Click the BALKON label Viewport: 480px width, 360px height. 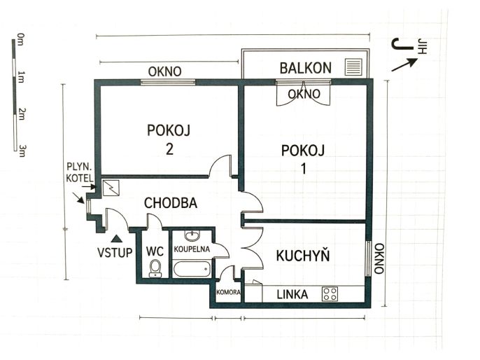click(x=306, y=68)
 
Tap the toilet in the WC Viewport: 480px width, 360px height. click(x=155, y=268)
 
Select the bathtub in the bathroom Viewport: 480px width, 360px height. click(x=192, y=269)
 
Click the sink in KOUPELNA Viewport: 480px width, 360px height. click(x=192, y=236)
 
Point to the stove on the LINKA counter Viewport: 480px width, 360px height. click(x=330, y=294)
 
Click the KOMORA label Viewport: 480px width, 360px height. click(x=228, y=292)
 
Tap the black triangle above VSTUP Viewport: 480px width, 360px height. click(x=117, y=238)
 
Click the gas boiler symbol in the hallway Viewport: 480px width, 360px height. click(x=111, y=188)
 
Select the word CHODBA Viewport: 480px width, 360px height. click(x=171, y=203)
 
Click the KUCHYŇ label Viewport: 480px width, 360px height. click(x=303, y=256)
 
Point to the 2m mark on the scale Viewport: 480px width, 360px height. click(x=21, y=113)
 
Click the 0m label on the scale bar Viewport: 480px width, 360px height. click(x=20, y=40)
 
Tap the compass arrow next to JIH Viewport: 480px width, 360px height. click(x=404, y=64)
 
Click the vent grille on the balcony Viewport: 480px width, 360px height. click(x=353, y=67)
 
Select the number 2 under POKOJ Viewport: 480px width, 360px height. click(x=169, y=149)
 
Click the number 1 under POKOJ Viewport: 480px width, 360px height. click(x=304, y=169)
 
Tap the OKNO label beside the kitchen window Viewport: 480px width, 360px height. click(x=379, y=258)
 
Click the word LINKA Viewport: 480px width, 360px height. click(x=292, y=294)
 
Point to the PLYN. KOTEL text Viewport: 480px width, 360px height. click(x=80, y=172)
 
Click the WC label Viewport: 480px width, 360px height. click(x=155, y=251)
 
